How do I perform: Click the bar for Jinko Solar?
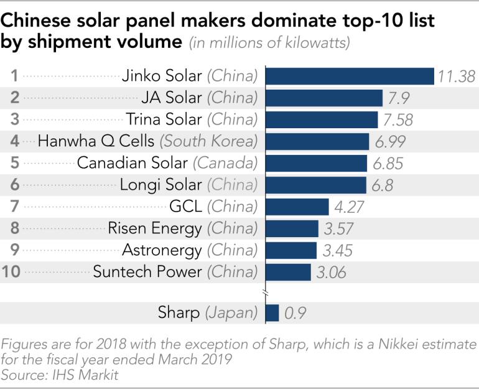[x=350, y=76]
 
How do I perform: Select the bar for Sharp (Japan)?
[x=272, y=313]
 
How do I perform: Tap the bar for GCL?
[x=297, y=207]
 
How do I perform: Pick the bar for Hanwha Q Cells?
[x=317, y=141]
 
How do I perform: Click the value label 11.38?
[x=456, y=77]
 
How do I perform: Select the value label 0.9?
[x=295, y=314]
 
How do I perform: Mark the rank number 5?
[x=14, y=163]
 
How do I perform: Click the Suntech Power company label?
[x=147, y=272]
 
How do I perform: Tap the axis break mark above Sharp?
[x=266, y=293]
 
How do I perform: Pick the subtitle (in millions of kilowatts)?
[x=269, y=44]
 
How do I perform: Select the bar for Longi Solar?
[x=316, y=185]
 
